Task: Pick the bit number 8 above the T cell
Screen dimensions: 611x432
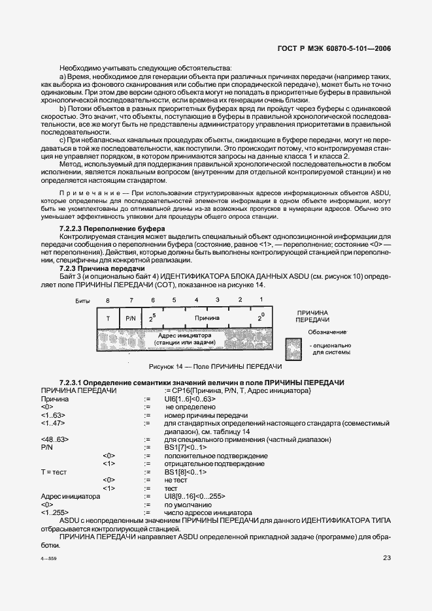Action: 108,300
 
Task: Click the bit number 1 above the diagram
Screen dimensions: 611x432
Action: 261,300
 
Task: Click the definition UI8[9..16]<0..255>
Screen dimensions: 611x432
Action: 194,496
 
